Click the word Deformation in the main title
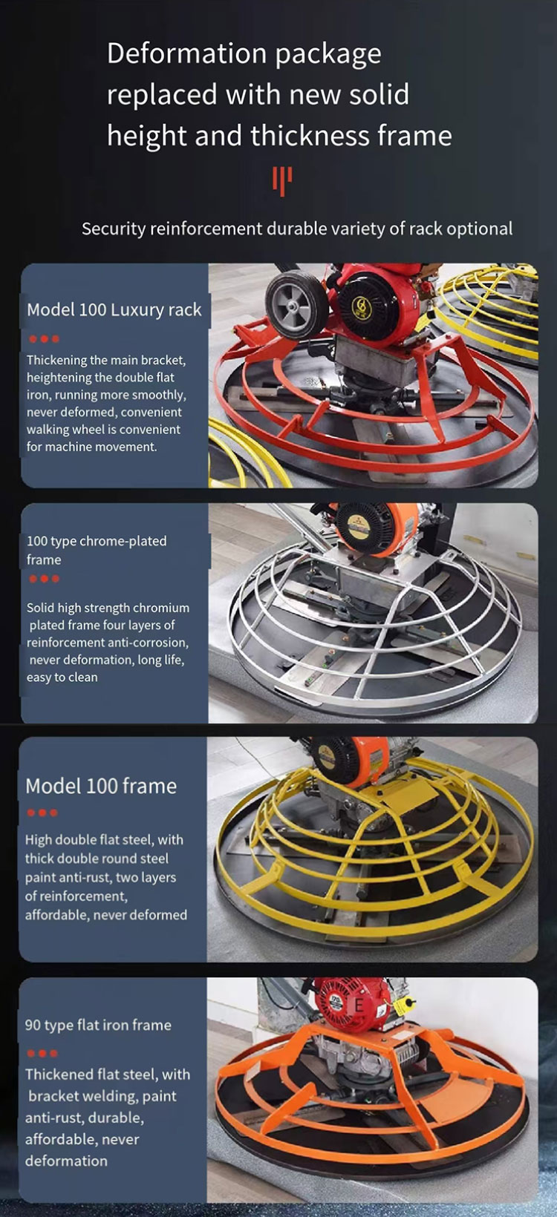(x=186, y=53)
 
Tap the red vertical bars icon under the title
(x=282, y=180)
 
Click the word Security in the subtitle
(x=114, y=229)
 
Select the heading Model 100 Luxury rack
(x=114, y=309)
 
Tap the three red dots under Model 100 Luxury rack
(x=44, y=339)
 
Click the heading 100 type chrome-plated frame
(x=97, y=550)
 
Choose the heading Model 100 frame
(x=101, y=786)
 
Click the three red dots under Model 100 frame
(x=42, y=813)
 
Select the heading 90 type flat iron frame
(x=98, y=1026)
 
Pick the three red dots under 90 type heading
(x=42, y=1054)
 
